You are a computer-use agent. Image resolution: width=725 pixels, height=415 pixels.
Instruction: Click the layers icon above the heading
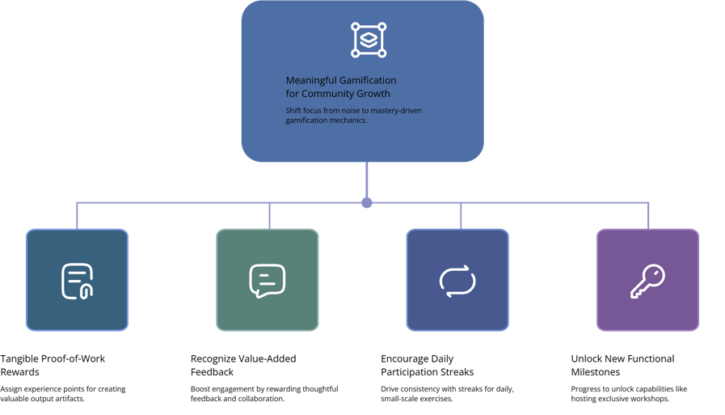[368, 40]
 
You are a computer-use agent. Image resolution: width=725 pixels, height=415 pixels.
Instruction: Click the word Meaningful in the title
[310, 80]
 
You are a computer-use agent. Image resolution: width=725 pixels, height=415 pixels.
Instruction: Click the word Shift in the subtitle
[293, 110]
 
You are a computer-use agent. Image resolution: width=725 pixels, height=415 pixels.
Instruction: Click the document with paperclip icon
[77, 281]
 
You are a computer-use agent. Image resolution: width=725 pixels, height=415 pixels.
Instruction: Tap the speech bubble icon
[267, 281]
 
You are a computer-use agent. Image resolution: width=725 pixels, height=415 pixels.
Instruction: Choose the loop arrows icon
[457, 281]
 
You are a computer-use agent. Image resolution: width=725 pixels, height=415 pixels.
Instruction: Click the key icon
[647, 281]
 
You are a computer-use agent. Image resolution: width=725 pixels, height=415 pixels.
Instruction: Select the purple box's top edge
[647, 230]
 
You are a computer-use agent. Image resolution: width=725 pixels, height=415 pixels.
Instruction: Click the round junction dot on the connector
[365, 202]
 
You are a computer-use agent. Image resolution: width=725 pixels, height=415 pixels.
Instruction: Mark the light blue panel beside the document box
[167, 282]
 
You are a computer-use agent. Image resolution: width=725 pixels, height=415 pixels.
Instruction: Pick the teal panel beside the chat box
[360, 281]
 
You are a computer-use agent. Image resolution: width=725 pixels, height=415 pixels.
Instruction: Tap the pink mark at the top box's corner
[483, 161]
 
